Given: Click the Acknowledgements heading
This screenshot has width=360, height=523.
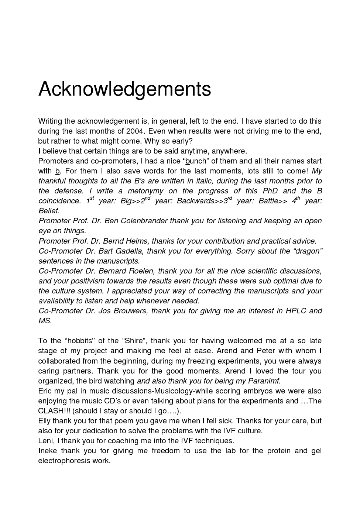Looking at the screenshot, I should [x=124, y=89].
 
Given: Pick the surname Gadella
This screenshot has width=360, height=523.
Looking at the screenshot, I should [x=126, y=251].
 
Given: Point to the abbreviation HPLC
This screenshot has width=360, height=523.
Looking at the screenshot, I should [x=296, y=311].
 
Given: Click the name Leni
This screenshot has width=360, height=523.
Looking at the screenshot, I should [x=46, y=441].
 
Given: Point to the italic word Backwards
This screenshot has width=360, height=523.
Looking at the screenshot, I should [x=195, y=201].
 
